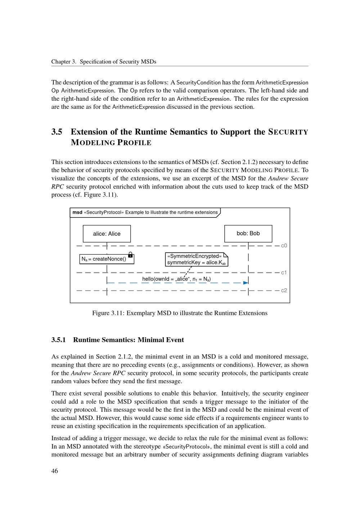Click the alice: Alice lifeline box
[107, 234]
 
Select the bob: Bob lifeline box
[248, 233]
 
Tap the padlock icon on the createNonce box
[131, 255]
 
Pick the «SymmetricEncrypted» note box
[197, 259]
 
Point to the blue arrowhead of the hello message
[246, 283]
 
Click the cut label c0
[284, 246]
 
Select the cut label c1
[284, 272]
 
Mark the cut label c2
[284, 290]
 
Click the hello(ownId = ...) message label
[176, 279]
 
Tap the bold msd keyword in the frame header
[77, 212]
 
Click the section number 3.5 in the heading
[57, 132]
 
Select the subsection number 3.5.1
[58, 340]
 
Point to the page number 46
[55, 471]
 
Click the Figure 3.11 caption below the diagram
[180, 313]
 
